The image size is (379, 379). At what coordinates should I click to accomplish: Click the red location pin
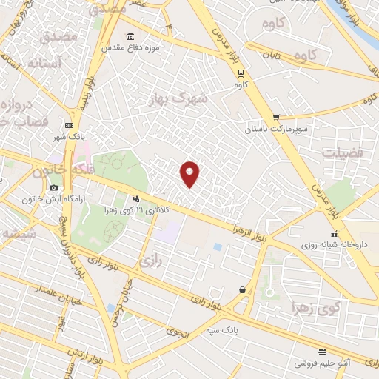(x=190, y=174)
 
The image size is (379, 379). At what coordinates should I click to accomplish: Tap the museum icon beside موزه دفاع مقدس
(x=131, y=37)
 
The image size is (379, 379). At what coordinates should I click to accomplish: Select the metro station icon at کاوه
(x=240, y=73)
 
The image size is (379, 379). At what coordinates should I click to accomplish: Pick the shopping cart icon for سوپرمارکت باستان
(x=276, y=117)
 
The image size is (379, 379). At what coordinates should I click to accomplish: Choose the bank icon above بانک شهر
(x=69, y=125)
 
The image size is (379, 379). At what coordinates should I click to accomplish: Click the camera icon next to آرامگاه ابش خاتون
(x=54, y=188)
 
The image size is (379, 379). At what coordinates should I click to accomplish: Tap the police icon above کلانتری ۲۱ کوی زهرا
(x=135, y=198)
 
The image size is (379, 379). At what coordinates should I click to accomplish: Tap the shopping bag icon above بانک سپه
(x=242, y=290)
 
